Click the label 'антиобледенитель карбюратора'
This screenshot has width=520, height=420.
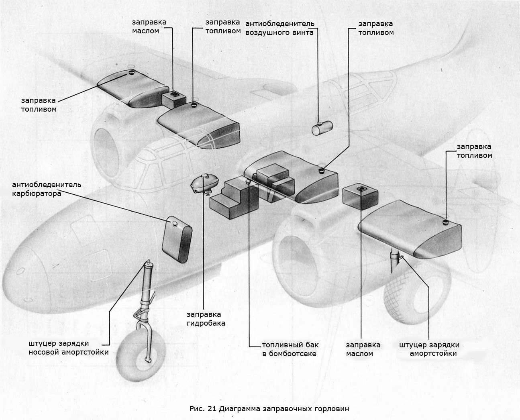click(x=47, y=189)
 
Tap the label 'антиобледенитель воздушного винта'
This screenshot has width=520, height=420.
click(x=280, y=28)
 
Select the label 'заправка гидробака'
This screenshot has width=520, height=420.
click(x=206, y=318)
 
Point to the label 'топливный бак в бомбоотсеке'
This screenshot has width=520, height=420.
click(x=290, y=349)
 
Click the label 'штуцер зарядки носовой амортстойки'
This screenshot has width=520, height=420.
click(x=69, y=348)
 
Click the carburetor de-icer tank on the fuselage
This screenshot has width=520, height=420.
click(x=177, y=239)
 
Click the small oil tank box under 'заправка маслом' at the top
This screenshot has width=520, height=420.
click(x=174, y=100)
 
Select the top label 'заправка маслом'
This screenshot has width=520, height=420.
click(x=149, y=27)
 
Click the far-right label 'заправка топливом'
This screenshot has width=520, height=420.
click(x=474, y=151)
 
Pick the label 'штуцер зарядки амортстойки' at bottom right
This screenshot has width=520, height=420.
click(x=430, y=349)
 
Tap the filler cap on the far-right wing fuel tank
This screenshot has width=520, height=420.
click(x=446, y=222)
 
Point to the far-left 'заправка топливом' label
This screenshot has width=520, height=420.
click(x=39, y=105)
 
